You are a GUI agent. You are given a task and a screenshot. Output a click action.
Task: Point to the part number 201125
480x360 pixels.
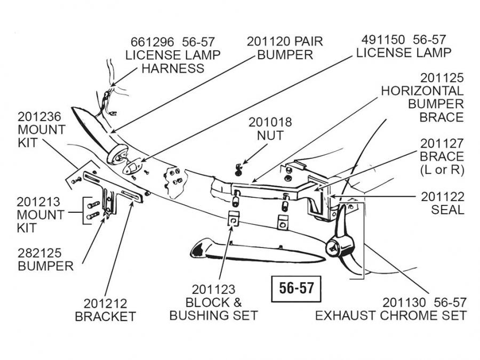point(442,78)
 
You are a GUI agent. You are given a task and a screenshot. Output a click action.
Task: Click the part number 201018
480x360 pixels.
point(270,122)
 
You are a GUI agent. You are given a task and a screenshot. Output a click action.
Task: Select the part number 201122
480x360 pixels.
point(442,196)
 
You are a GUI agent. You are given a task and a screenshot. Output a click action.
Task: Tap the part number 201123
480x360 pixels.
point(213,290)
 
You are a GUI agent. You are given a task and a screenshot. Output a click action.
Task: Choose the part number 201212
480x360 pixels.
point(106,303)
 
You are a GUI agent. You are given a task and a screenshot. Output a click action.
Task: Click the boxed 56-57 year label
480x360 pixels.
point(297,289)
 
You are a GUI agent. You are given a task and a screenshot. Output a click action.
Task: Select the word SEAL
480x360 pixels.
point(447,210)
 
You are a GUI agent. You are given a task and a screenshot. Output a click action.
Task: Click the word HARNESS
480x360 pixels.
point(172,68)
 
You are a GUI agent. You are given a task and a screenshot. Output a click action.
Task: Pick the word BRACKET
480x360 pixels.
point(106,316)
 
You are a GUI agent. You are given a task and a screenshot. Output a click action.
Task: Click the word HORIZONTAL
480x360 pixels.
point(422,91)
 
